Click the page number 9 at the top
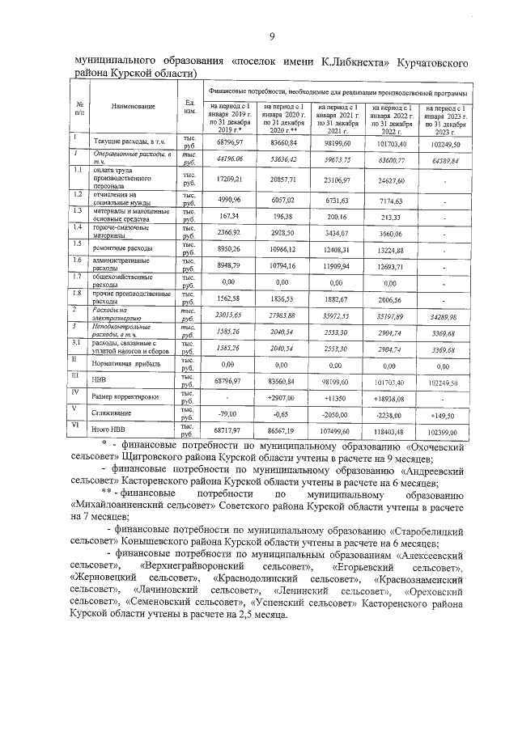(x=272, y=36)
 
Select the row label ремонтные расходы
(x=122, y=251)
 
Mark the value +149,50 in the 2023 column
(x=444, y=413)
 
